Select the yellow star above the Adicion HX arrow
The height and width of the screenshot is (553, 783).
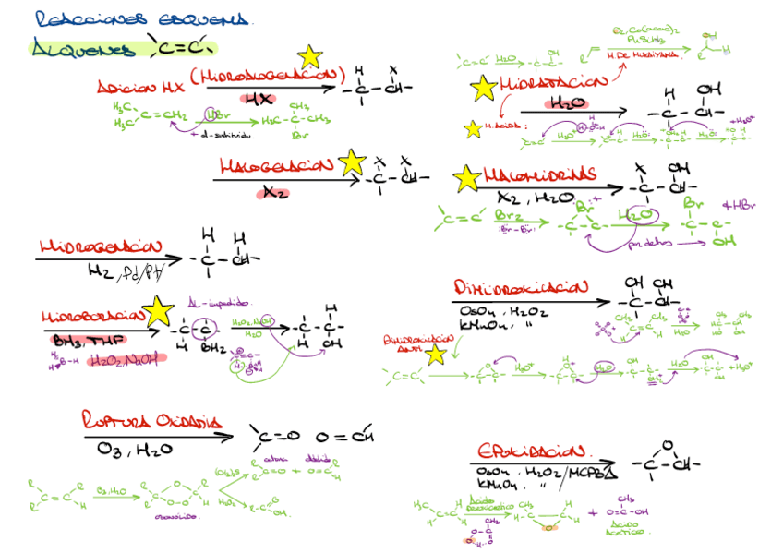tap(309, 57)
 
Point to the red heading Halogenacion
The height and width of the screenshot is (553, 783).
tap(276, 167)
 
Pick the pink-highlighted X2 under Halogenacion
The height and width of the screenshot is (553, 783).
tap(275, 193)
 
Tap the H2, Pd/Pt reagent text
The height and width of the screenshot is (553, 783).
tap(128, 270)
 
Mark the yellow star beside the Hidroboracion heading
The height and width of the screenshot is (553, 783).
tap(158, 311)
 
